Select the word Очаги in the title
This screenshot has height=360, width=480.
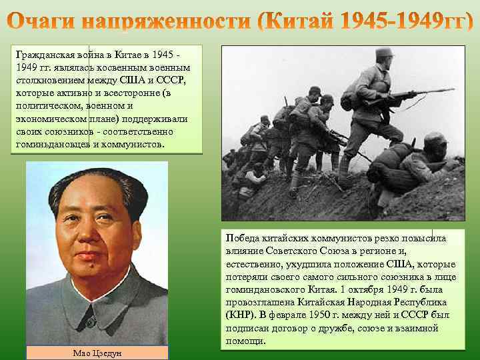pyautogui.click(x=45, y=22)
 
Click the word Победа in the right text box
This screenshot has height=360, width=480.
pyautogui.click(x=243, y=238)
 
